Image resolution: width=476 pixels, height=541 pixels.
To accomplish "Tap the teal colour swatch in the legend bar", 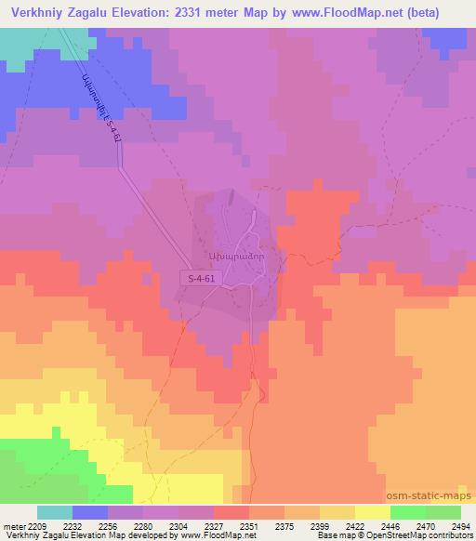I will pyautogui.click(x=55, y=512).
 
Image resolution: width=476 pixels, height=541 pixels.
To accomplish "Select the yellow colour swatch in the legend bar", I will pyautogui.click(x=373, y=512).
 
